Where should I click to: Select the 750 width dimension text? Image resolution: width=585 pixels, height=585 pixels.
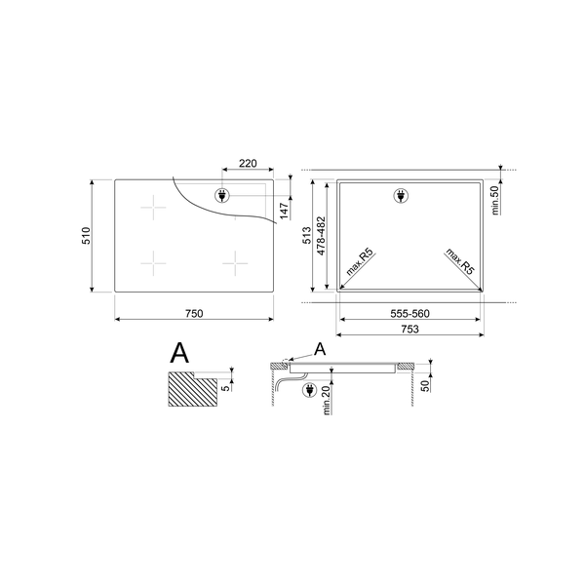tap(194, 312)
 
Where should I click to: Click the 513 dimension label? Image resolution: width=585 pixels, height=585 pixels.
tap(305, 235)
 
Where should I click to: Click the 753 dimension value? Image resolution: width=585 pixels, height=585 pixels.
tap(409, 330)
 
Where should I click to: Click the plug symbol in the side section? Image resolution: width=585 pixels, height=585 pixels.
tap(311, 391)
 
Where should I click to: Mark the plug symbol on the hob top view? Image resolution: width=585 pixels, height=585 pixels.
tap(221, 195)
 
